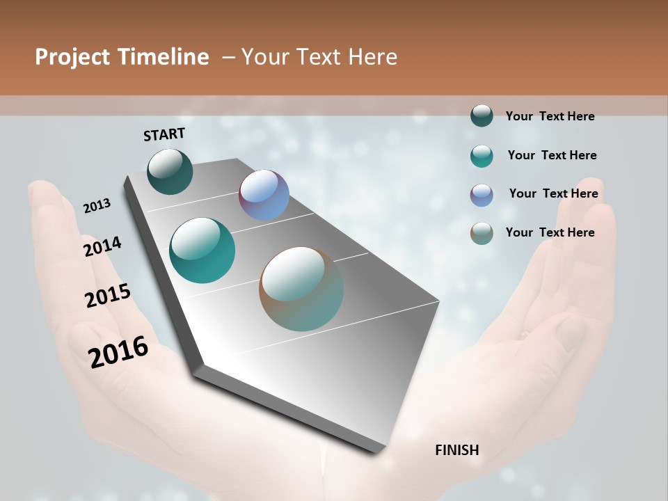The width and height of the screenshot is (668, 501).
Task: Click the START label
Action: [x=164, y=134]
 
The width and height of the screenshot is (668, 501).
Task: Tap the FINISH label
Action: [x=456, y=450]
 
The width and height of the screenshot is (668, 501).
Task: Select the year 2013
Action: [x=97, y=206]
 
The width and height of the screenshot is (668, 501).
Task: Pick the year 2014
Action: [x=102, y=247]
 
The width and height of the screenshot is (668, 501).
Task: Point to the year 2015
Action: [x=108, y=296]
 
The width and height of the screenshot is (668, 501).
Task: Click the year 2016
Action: [x=118, y=352]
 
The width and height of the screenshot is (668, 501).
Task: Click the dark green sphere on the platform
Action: [x=170, y=172]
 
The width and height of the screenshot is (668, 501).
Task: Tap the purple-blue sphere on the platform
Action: [x=264, y=195]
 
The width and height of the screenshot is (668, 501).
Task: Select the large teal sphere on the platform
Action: [x=202, y=250]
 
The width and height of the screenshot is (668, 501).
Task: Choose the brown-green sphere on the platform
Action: [x=301, y=289]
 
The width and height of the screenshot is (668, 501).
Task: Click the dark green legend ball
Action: [x=482, y=116]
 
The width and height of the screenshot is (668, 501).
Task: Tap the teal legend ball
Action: [x=482, y=156]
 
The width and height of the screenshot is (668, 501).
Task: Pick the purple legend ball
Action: [x=482, y=195]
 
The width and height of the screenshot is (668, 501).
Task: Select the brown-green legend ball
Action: [x=482, y=233]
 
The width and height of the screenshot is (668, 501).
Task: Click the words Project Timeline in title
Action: [x=122, y=57]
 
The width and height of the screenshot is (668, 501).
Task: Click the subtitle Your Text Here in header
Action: [x=319, y=57]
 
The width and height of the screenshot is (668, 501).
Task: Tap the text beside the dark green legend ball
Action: [x=550, y=116]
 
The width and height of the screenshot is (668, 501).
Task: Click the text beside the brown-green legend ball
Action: [x=550, y=232]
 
